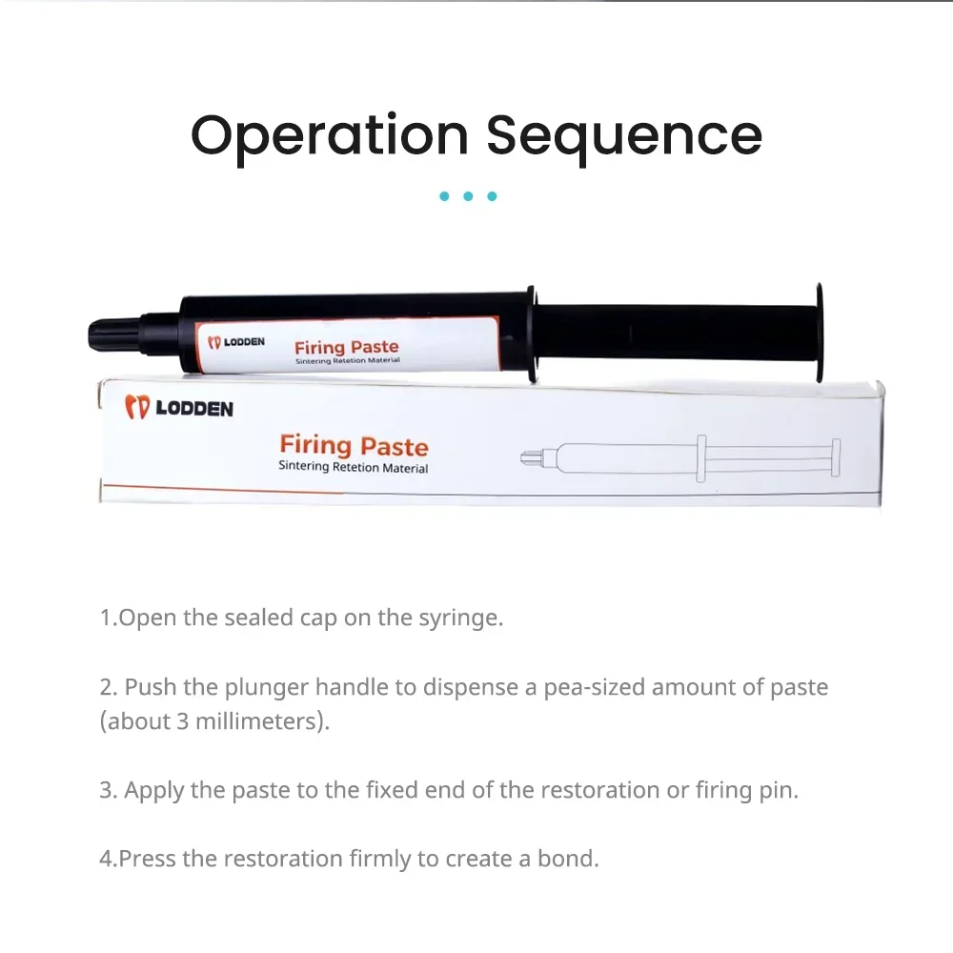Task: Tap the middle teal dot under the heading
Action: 468,196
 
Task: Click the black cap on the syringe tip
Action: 114,334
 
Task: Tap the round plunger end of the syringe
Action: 820,333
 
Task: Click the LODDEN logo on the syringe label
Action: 236,342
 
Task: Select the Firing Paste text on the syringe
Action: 347,347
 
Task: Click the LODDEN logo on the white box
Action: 179,407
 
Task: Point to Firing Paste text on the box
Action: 354,445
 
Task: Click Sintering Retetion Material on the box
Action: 354,467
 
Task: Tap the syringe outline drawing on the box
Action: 680,458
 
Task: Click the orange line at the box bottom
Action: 222,489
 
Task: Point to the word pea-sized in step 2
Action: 594,688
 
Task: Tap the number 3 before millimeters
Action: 182,721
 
